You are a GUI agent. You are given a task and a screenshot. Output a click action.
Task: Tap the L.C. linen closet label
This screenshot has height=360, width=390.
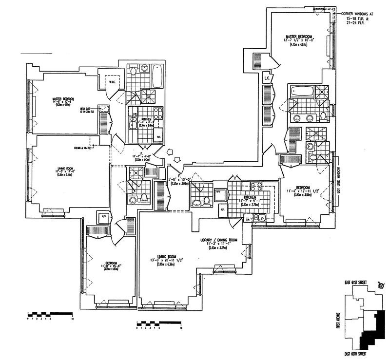[267, 78]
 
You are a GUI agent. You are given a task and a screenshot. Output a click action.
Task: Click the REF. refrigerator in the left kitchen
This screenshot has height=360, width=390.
[159, 137]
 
